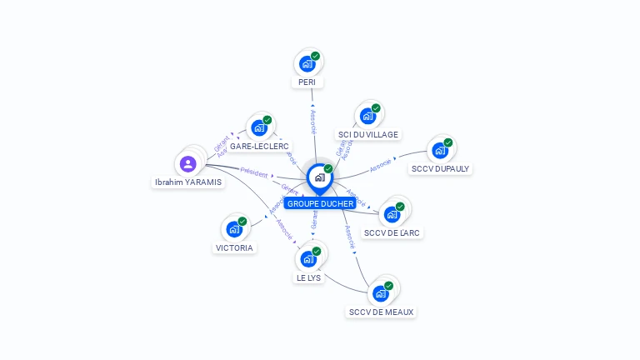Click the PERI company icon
[307, 63]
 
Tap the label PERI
[307, 82]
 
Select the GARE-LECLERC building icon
[259, 127]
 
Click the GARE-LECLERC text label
[259, 146]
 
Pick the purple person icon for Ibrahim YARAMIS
[187, 163]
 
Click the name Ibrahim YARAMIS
[188, 182]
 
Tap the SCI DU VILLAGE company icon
[367, 116]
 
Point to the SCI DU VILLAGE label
[367, 134]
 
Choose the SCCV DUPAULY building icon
[439, 151]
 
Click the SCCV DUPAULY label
[440, 168]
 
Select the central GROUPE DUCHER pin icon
[319, 177]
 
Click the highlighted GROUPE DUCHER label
[320, 203]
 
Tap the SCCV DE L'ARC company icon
[392, 214]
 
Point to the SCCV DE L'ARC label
[392, 232]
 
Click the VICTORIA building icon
[234, 229]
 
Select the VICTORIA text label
[234, 247]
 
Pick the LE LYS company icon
[308, 258]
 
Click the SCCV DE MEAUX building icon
[380, 293]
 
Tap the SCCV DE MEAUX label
[381, 312]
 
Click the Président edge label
[253, 174]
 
